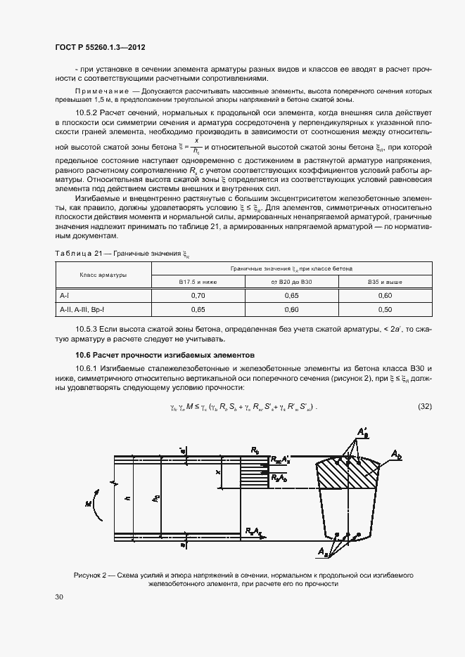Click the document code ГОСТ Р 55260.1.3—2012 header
(x=100, y=48)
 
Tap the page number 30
(x=59, y=597)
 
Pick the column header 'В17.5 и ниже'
(x=198, y=281)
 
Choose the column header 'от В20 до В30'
(x=291, y=281)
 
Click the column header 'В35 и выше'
(x=385, y=281)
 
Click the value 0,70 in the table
(x=198, y=296)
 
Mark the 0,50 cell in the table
(x=385, y=309)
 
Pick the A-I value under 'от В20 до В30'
(x=291, y=296)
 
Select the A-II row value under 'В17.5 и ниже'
(x=198, y=309)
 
